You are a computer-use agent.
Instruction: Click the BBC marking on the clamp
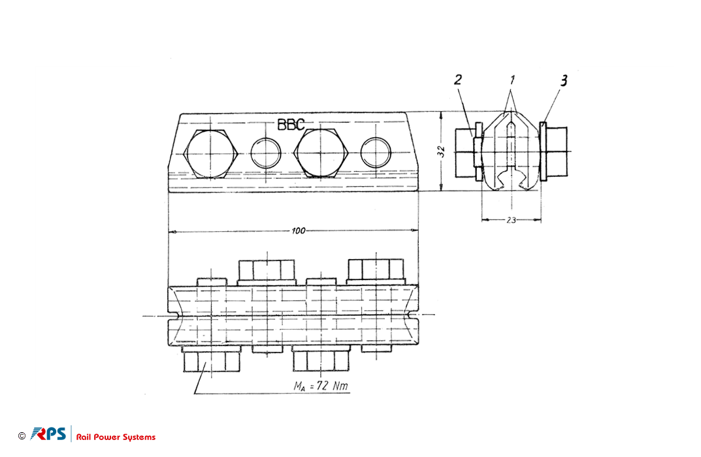click(x=291, y=125)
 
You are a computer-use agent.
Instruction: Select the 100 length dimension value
click(x=298, y=231)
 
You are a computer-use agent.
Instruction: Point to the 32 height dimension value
click(x=442, y=151)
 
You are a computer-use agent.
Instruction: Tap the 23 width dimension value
click(x=512, y=220)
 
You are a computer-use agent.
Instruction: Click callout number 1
click(x=512, y=80)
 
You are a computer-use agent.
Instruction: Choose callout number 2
click(x=458, y=80)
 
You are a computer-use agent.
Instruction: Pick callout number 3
click(x=564, y=81)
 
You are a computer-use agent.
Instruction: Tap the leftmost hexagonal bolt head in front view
click(x=210, y=153)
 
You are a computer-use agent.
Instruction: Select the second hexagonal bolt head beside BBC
click(x=321, y=153)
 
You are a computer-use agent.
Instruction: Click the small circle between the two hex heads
click(x=265, y=153)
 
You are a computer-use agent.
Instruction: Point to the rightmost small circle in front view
click(x=376, y=153)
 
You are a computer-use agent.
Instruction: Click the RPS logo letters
click(x=48, y=433)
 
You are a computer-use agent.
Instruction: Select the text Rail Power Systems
click(x=116, y=437)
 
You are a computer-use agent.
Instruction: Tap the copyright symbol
click(x=22, y=435)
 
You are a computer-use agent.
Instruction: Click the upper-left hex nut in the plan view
click(x=267, y=270)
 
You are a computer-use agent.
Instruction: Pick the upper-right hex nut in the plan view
click(x=376, y=269)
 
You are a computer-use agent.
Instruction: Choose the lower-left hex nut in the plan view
click(x=212, y=361)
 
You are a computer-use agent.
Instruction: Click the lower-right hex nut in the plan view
click(x=321, y=361)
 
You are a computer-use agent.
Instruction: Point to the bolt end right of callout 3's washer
click(x=557, y=152)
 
